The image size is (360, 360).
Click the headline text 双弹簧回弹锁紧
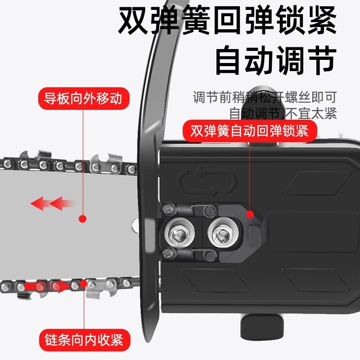227,21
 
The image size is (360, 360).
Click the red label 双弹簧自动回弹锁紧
249,131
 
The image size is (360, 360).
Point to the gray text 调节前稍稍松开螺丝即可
265,97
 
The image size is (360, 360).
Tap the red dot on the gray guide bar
82,219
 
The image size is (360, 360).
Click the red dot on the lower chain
83,283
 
